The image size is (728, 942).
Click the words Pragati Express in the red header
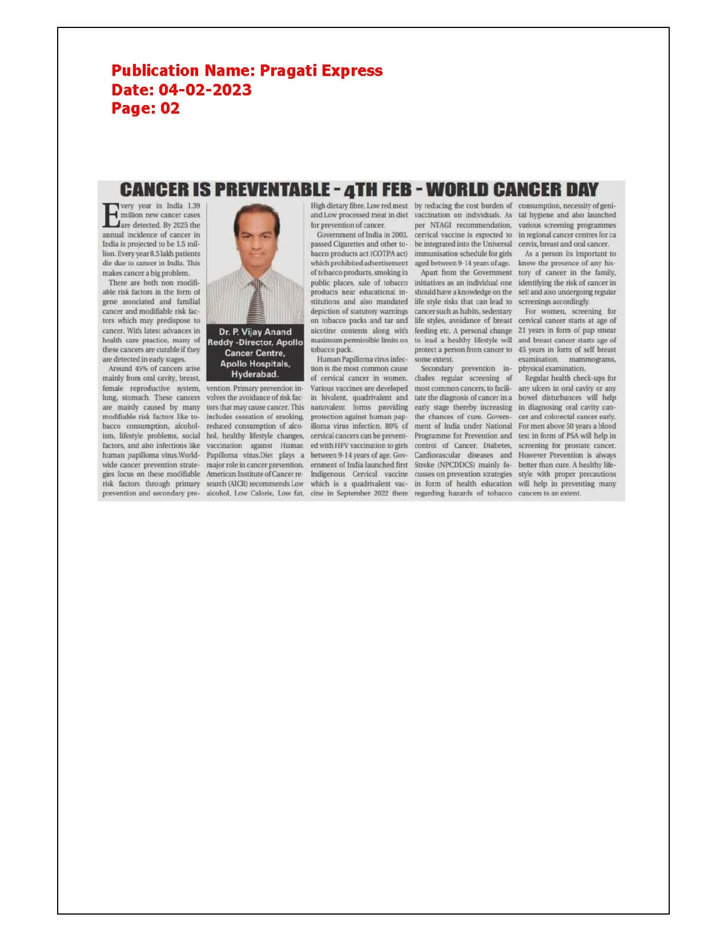click(x=321, y=71)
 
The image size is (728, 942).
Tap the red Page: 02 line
click(x=145, y=108)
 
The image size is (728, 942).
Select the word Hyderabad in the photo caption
click(x=255, y=375)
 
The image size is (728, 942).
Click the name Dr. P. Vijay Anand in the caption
click(x=255, y=332)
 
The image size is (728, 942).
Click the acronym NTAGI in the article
click(x=441, y=225)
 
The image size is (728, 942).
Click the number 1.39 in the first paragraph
click(x=194, y=206)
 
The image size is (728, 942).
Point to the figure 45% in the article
click(x=141, y=369)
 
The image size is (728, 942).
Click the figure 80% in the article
click(x=392, y=426)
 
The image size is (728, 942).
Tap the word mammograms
click(x=592, y=359)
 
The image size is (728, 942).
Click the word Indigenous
click(x=328, y=474)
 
